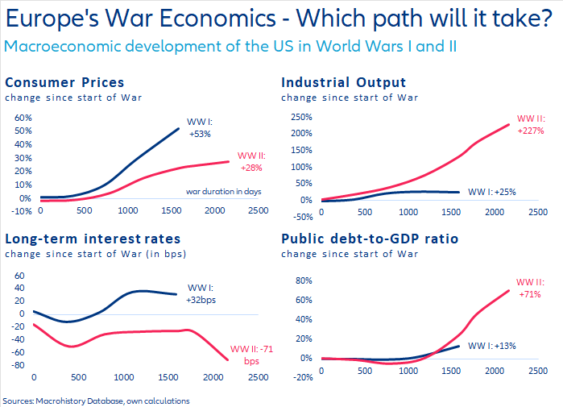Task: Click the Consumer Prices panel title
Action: tap(65, 82)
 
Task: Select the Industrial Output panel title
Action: tap(343, 82)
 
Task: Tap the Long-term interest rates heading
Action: tap(93, 239)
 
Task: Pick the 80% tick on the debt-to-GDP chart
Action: tap(301, 281)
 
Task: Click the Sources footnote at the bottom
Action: tap(97, 400)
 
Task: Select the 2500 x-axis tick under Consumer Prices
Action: tap(258, 210)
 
